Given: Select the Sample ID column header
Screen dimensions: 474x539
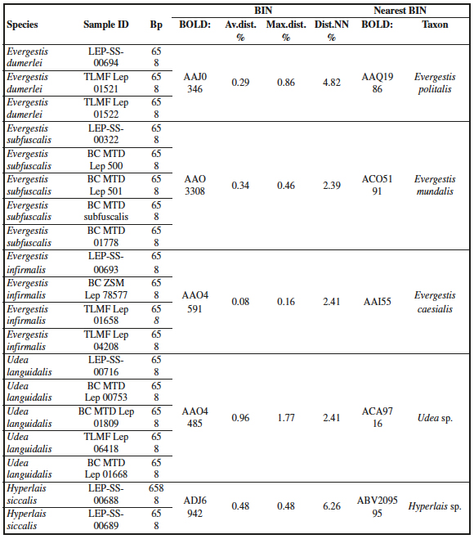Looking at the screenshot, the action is pos(105,25).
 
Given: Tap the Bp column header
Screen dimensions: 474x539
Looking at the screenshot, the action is pos(156,25).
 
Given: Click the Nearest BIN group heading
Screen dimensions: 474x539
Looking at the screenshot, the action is pos(403,9).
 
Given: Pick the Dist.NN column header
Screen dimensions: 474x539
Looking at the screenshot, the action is pos(331,30).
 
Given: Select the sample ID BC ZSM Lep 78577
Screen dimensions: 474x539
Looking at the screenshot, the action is pos(109,288).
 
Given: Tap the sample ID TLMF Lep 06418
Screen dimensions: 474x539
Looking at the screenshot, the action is pos(109,442).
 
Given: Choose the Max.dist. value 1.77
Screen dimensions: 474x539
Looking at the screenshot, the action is pos(285,417).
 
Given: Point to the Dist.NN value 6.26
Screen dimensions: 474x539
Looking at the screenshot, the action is pos(331,507).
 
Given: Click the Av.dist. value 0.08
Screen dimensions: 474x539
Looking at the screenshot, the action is pos(240,302).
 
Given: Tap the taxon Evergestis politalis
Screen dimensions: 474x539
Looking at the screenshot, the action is pos(434,83).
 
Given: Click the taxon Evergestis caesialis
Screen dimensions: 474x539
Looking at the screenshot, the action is pos(434,302).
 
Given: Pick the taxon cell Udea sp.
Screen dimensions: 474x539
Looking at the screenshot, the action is pos(434,417).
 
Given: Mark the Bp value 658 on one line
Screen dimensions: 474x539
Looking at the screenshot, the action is pos(156,488).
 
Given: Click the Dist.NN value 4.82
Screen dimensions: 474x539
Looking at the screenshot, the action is pos(331,83).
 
